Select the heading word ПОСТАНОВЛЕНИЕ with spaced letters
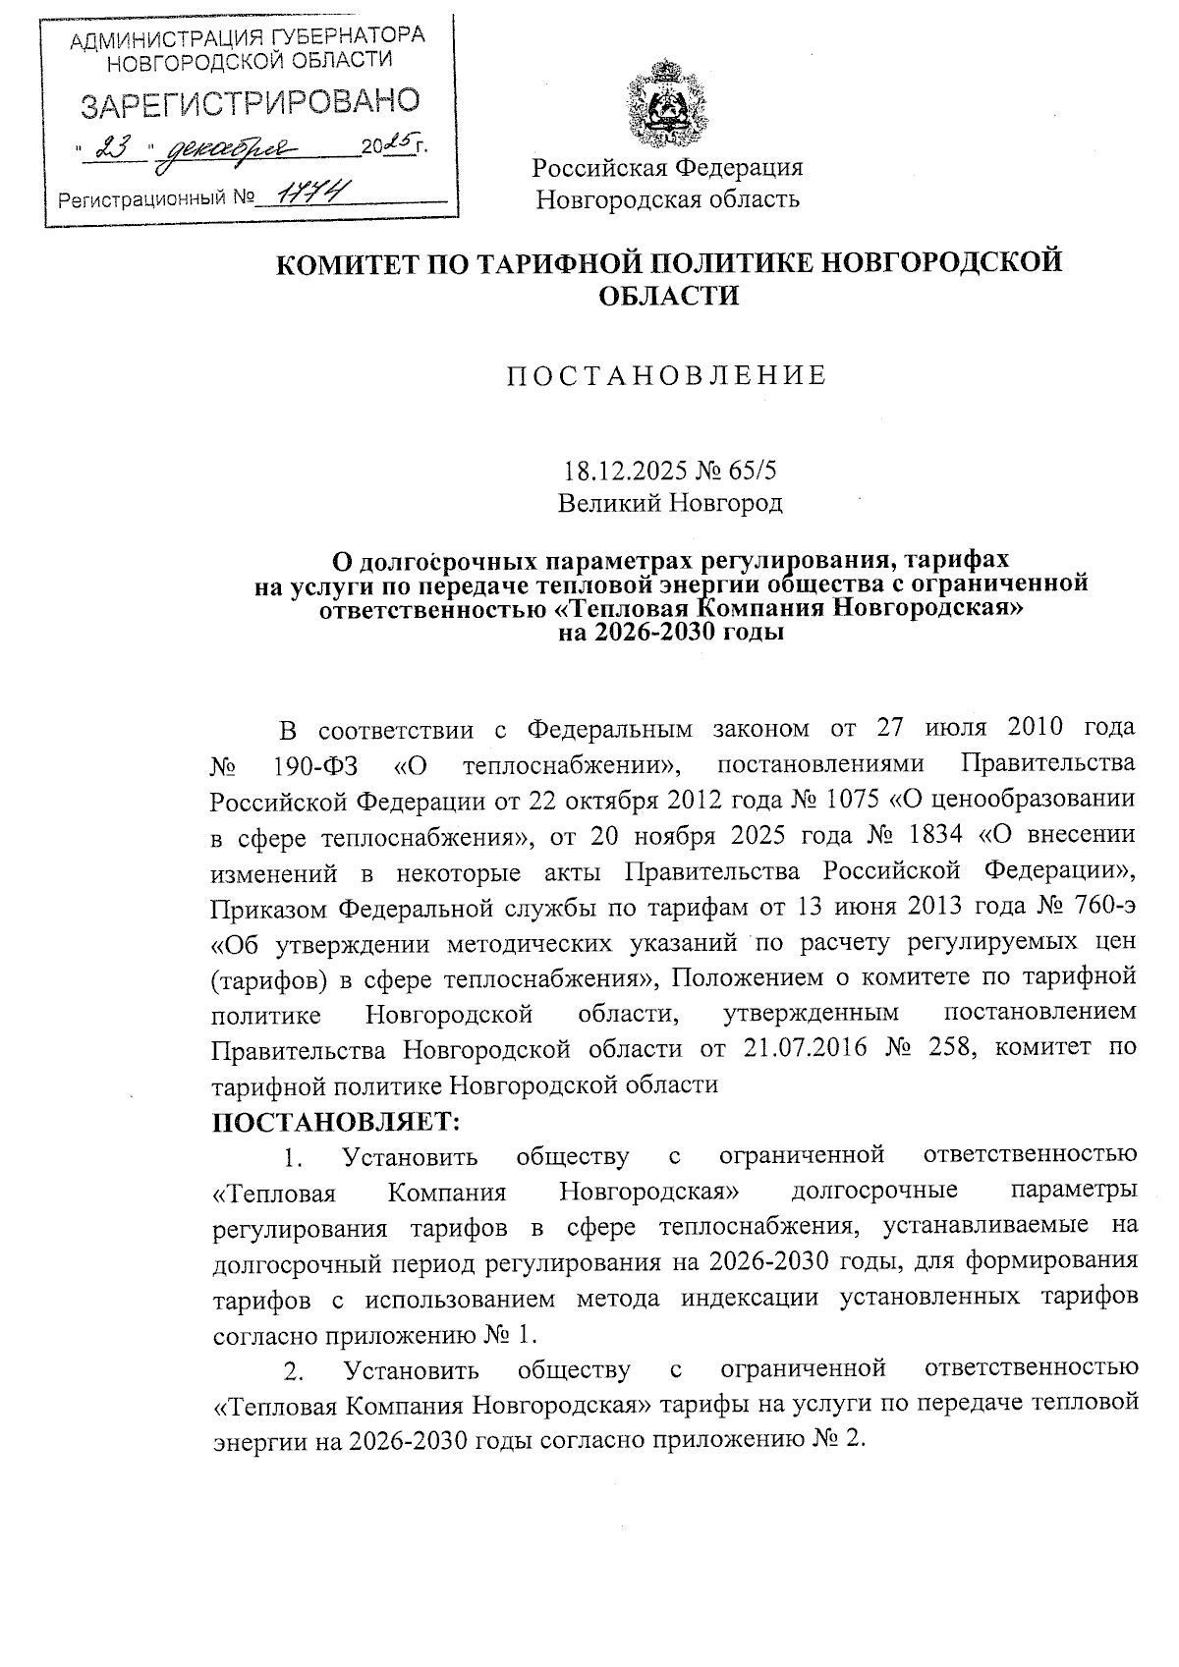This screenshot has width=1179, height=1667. coord(667,375)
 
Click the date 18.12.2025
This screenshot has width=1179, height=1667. coord(626,471)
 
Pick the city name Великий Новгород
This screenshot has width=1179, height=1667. coord(670,504)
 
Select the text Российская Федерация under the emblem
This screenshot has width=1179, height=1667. coord(668,167)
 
